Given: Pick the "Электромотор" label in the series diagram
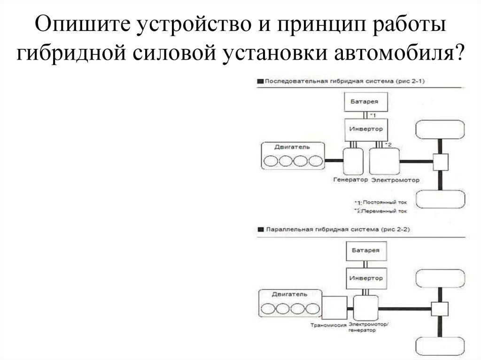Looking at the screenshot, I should [395, 180].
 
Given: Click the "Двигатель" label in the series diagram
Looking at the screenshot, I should [292, 147].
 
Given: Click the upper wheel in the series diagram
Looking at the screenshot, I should [441, 132].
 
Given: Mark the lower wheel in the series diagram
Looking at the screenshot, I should [441, 201].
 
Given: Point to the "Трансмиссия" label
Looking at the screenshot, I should [329, 325].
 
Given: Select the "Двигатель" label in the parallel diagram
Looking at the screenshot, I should [289, 294].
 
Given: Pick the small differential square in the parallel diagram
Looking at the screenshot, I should [440, 309].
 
